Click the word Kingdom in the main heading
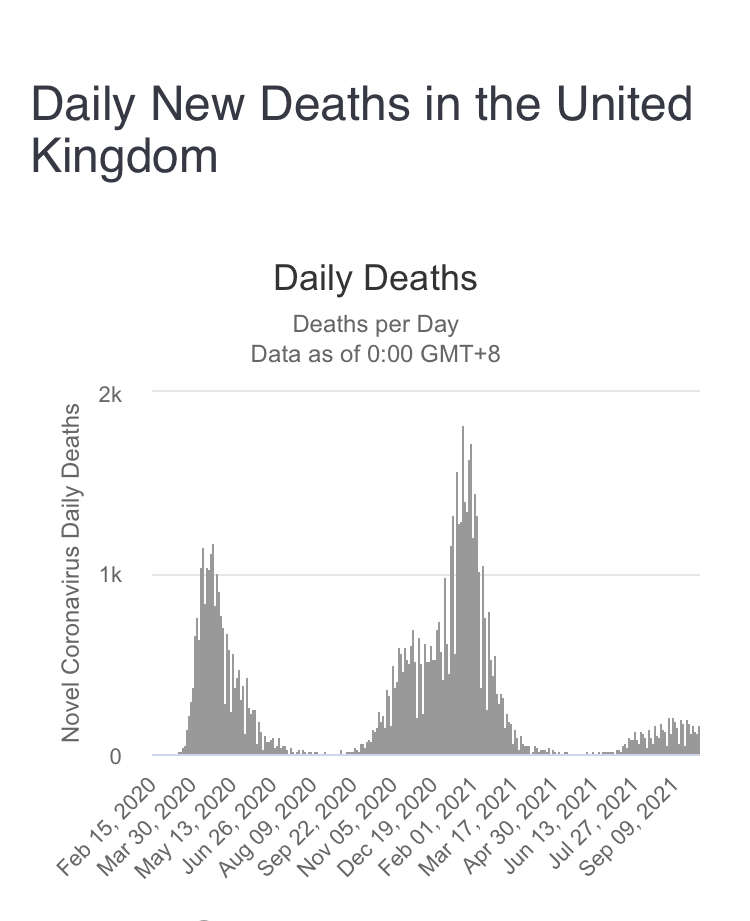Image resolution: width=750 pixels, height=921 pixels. (x=124, y=156)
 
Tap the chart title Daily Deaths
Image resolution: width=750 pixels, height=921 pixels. (x=375, y=279)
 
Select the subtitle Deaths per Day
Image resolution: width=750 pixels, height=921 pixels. (x=375, y=324)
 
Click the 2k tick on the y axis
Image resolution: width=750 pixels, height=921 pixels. (x=110, y=394)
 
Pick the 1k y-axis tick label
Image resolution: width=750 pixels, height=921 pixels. (x=110, y=576)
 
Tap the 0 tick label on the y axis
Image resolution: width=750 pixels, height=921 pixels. (x=115, y=757)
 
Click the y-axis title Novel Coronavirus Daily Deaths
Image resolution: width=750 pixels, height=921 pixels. (x=71, y=573)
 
